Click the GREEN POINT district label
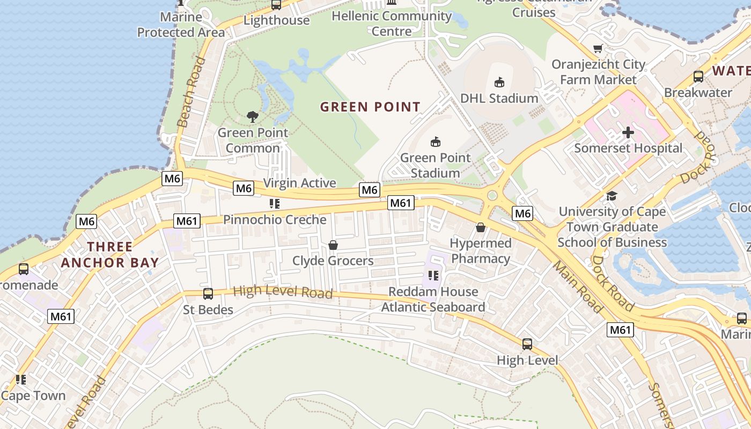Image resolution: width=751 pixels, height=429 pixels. tap(370, 107)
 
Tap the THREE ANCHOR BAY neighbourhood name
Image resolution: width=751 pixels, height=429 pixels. tap(110, 255)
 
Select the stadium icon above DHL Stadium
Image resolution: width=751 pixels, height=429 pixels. tap(499, 82)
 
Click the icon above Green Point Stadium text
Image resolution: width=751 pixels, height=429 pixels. tap(436, 142)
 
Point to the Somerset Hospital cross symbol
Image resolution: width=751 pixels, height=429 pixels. tap(628, 132)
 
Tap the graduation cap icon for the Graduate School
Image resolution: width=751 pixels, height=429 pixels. tap(612, 196)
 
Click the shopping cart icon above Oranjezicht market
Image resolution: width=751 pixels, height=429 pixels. tap(598, 49)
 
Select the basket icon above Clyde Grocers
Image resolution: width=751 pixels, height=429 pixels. tap(333, 245)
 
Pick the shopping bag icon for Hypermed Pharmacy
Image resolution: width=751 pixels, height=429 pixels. tap(481, 228)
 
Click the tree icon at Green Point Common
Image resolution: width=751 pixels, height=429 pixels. tap(253, 116)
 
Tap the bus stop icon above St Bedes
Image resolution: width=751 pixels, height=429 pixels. tap(208, 294)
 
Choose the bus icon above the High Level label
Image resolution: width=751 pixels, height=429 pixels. tap(527, 344)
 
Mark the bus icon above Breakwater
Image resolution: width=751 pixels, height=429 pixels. tap(698, 77)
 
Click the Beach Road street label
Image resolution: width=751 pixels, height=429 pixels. tap(191, 92)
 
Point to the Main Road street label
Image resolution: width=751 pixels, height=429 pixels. tap(578, 286)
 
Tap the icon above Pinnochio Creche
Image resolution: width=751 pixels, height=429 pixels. tap(275, 204)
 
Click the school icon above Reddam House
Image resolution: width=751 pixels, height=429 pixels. tap(433, 276)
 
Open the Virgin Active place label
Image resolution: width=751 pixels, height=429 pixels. tap(299, 183)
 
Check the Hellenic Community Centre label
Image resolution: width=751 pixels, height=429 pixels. tap(392, 24)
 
